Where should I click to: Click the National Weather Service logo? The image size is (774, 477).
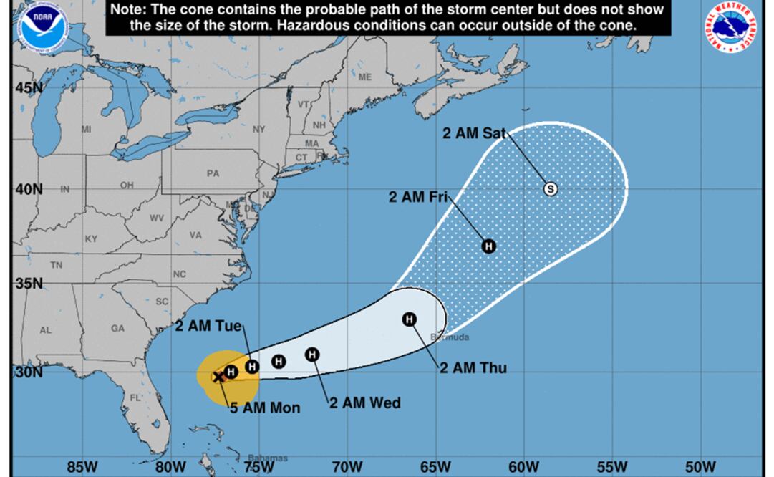tap(735, 26)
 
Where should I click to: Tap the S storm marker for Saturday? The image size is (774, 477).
tap(550, 189)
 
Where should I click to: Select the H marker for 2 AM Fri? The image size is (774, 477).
tap(488, 246)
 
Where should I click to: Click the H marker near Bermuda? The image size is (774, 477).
tap(410, 319)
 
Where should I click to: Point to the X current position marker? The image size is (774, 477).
tap(218, 377)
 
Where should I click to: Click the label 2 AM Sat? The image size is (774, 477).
tap(475, 132)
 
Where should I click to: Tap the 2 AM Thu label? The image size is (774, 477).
tap(473, 367)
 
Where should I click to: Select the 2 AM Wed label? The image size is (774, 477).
tap(364, 403)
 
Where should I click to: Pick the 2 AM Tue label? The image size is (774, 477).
tap(209, 326)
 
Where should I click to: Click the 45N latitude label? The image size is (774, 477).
tap(29, 87)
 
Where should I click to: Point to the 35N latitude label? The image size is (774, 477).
tap(29, 283)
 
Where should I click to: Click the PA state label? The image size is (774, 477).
tap(213, 173)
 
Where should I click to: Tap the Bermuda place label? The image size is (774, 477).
tap(450, 337)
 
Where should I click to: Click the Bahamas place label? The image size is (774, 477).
tap(268, 458)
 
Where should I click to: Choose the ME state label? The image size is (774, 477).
tap(365, 77)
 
